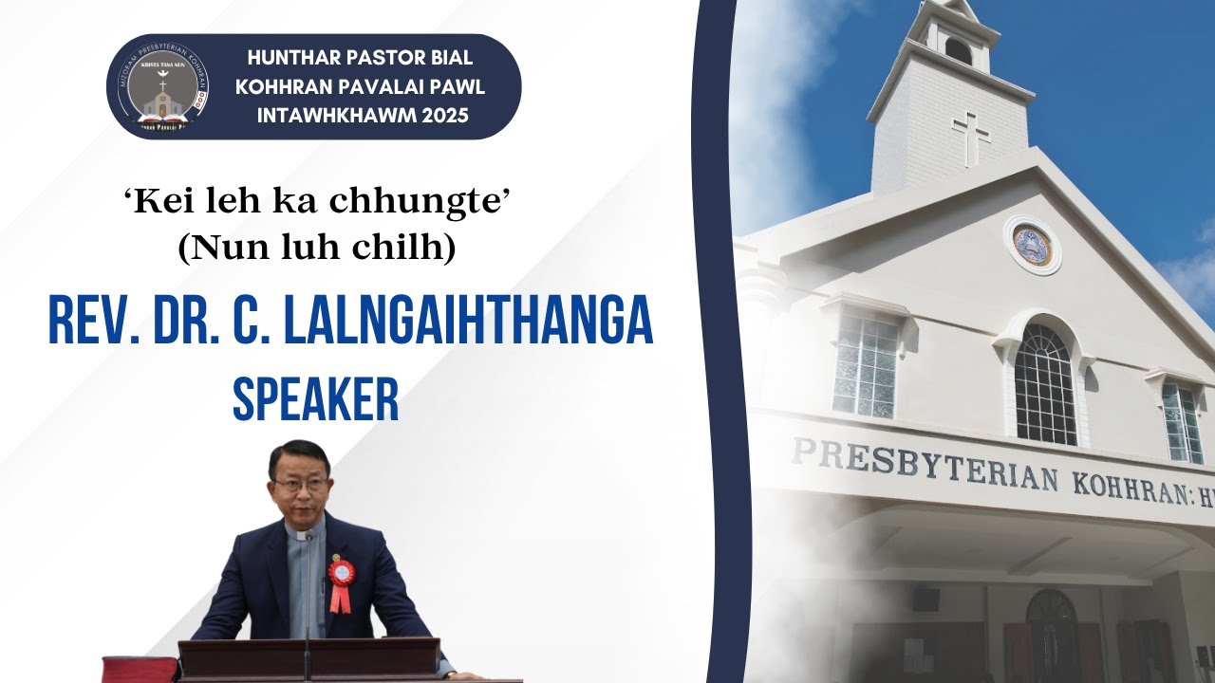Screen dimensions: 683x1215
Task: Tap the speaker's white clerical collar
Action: tap(303, 537)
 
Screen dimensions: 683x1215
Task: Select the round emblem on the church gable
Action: tap(1032, 245)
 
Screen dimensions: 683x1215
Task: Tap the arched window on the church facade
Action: tap(1044, 383)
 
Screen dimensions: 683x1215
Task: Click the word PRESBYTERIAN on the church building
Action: tap(925, 466)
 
